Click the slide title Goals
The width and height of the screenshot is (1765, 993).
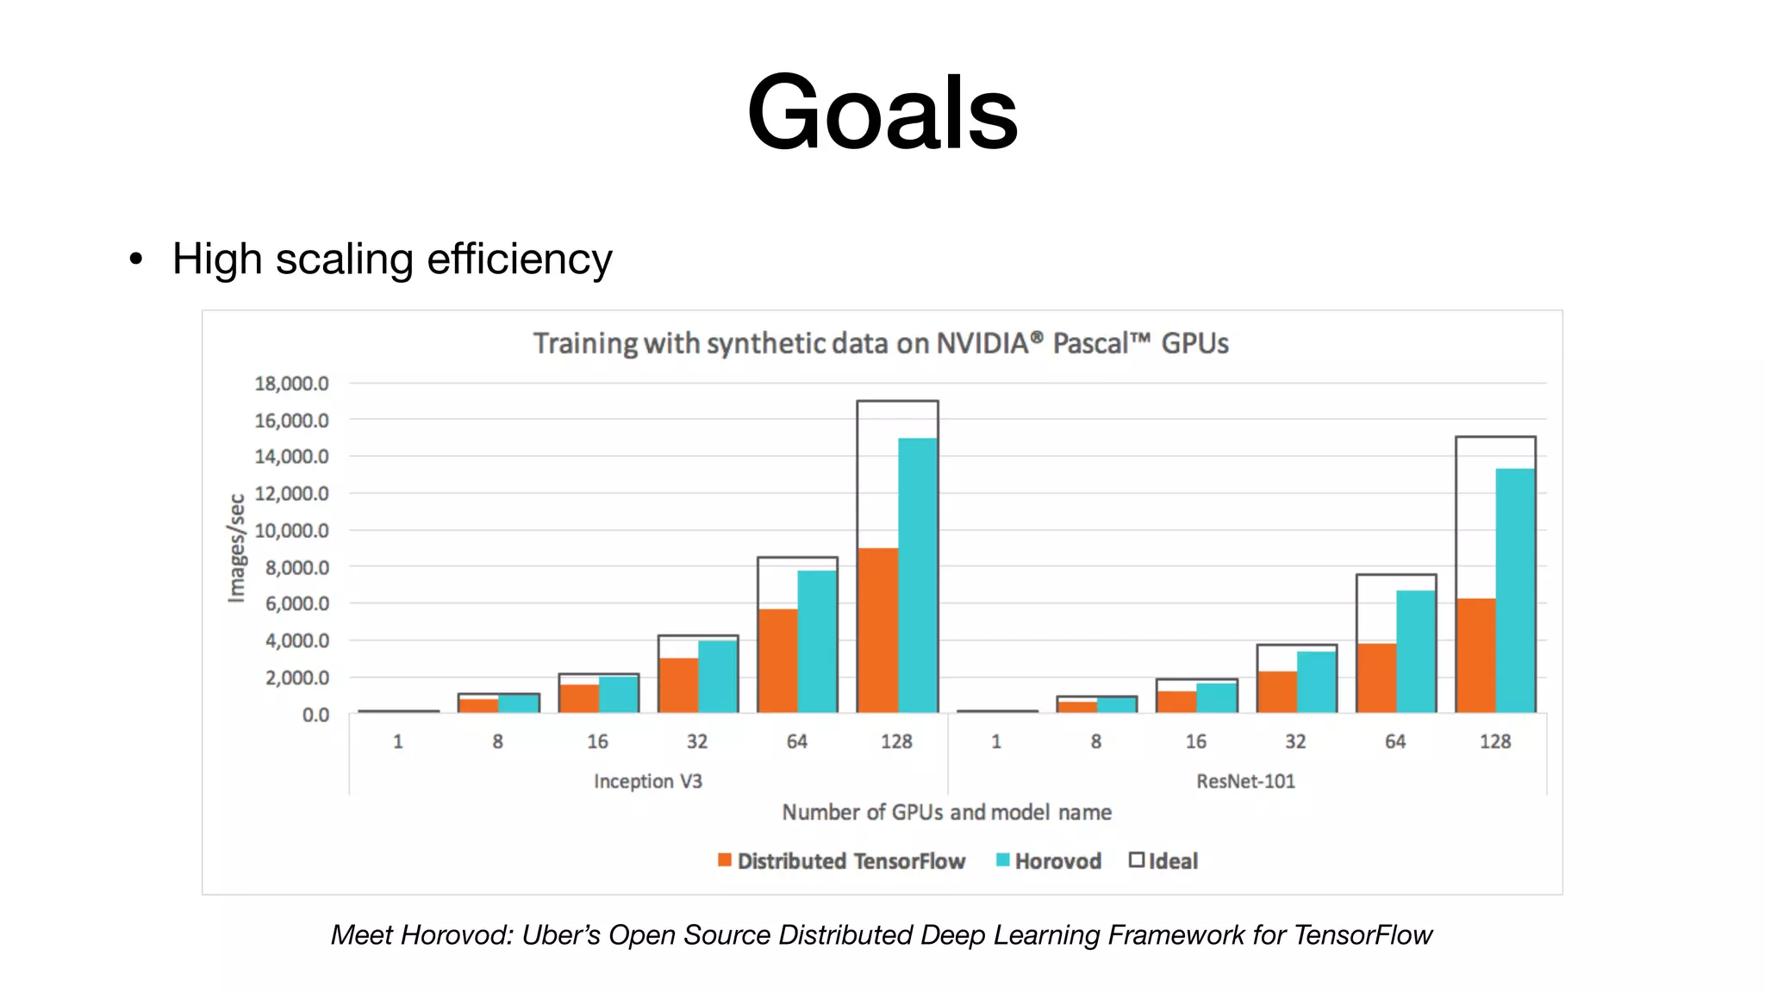click(882, 112)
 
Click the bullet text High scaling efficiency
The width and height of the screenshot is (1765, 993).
click(392, 259)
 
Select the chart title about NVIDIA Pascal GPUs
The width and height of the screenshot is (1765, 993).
click(880, 343)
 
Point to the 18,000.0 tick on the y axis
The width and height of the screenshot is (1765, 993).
click(291, 384)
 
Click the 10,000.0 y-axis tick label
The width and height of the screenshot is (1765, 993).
click(291, 531)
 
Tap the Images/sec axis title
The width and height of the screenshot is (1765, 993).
click(236, 548)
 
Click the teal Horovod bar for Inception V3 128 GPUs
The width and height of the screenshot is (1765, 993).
click(917, 575)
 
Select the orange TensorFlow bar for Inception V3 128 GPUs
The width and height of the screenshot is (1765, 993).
click(877, 630)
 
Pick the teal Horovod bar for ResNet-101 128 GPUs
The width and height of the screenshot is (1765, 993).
click(1514, 590)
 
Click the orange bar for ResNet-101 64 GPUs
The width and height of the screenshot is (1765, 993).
click(1375, 678)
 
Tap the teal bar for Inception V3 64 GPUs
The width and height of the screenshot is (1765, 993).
click(816, 641)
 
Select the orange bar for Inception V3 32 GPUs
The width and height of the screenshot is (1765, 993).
click(677, 685)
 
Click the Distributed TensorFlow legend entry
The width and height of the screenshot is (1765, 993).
click(841, 861)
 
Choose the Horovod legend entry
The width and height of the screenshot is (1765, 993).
click(1049, 861)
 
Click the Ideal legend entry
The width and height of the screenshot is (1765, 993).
click(1163, 861)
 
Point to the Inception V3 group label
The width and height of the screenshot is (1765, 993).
click(647, 781)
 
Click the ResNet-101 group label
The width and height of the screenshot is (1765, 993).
click(1245, 781)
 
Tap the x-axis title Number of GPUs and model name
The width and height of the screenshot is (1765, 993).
click(946, 812)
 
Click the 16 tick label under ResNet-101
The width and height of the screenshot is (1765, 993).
click(1195, 741)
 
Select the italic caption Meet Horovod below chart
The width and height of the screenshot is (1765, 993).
click(881, 935)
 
